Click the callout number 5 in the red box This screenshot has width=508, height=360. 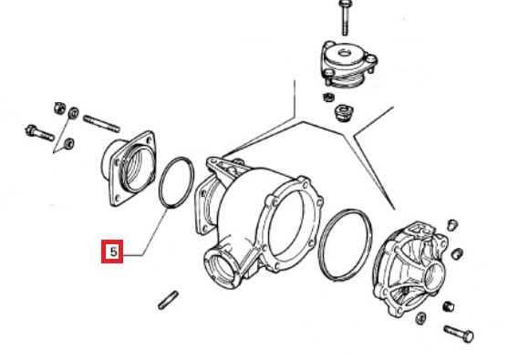tap(113, 252)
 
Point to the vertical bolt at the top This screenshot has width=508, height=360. tap(344, 17)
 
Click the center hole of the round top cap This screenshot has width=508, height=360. tap(345, 52)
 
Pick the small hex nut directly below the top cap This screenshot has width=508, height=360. tap(328, 97)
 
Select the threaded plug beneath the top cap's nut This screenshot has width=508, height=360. tap(343, 112)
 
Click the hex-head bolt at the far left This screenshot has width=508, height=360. tap(39, 133)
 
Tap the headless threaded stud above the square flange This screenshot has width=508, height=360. tap(101, 124)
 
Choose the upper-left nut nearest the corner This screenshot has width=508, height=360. tap(60, 108)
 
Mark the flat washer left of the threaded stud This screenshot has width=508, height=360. tap(74, 113)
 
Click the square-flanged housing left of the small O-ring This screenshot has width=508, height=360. tap(129, 169)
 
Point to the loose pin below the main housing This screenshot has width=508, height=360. tap(168, 300)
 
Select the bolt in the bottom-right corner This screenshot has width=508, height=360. tap(459, 334)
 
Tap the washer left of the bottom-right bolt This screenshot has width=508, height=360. tap(420, 318)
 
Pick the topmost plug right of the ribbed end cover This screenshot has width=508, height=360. tap(452, 225)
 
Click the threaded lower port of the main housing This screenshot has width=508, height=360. tap(222, 269)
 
